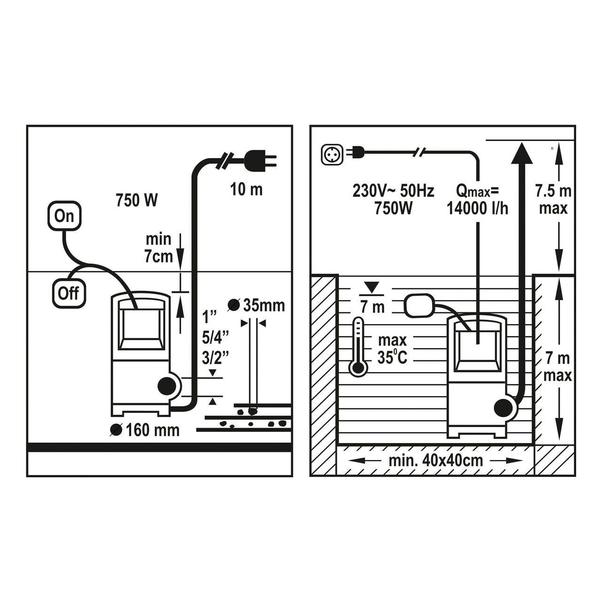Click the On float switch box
[64, 216]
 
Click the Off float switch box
[69, 293]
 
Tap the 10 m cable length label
[246, 190]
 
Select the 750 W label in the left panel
[137, 200]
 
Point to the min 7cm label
[158, 248]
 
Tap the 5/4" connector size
[215, 338]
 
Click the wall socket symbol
[333, 154]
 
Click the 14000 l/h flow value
[478, 208]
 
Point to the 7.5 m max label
[553, 199]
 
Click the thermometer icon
[358, 347]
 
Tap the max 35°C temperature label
[392, 349]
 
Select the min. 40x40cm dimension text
[436, 460]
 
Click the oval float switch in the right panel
[419, 305]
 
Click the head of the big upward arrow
[522, 153]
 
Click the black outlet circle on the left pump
[166, 387]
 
